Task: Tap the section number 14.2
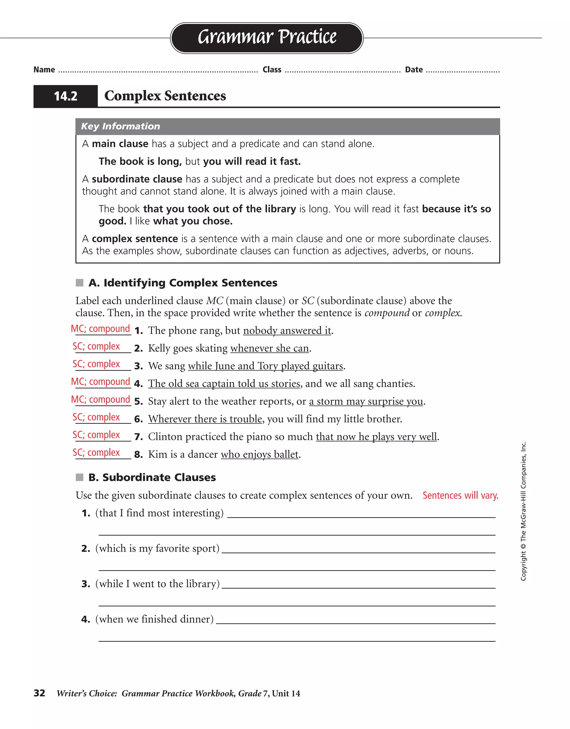[65, 96]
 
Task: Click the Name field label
[44, 70]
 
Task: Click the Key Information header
[120, 126]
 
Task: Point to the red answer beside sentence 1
[100, 329]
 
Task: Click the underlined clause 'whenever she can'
[269, 348]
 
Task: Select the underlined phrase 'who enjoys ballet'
[259, 454]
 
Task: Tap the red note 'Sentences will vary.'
[460, 495]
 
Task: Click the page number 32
[40, 693]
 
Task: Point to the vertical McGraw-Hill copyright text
[523, 511]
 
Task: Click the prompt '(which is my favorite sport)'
[157, 548]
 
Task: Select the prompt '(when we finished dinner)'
[154, 619]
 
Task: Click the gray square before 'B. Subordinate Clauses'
[80, 477]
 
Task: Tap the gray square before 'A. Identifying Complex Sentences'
[80, 283]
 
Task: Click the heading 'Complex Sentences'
[165, 96]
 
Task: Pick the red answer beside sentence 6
[96, 417]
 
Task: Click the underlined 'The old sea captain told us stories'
[224, 383]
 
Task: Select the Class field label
[272, 70]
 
